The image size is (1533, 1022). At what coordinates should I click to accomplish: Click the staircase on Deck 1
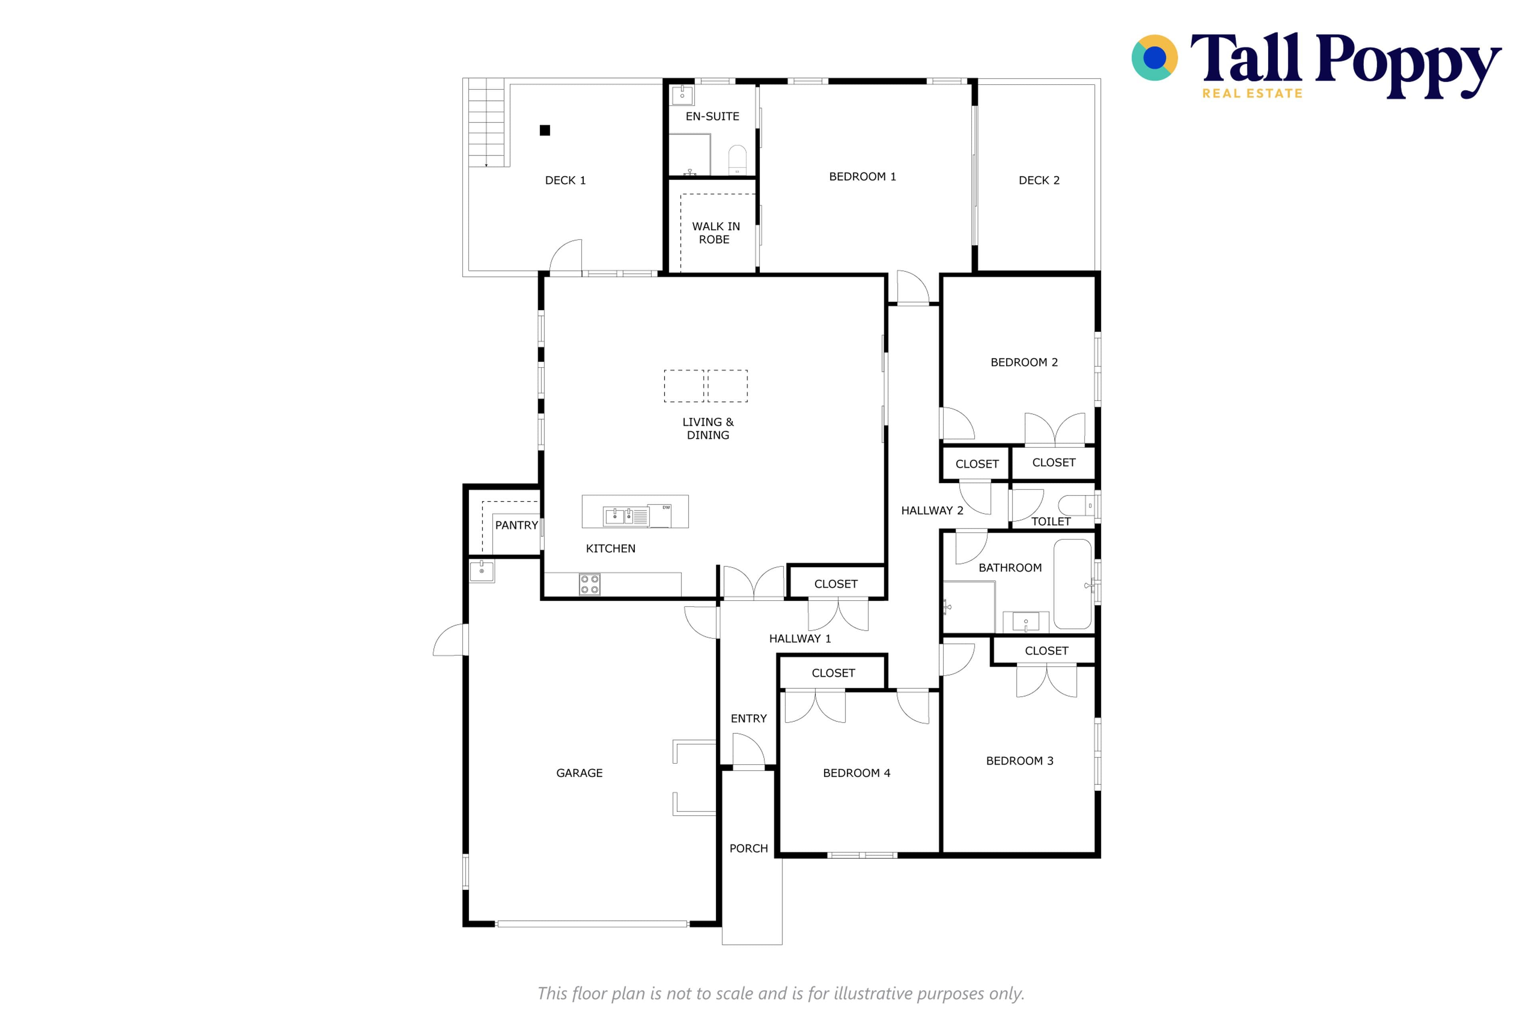coord(486,123)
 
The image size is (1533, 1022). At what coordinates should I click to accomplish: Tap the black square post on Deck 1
coord(545,130)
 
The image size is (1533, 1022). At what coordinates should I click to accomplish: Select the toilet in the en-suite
coord(737,160)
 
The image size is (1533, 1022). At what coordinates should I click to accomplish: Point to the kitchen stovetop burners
coord(590,584)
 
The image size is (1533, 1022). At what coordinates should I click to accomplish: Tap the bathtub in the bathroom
coord(1073,584)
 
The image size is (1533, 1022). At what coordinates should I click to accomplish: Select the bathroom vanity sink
coord(1026,622)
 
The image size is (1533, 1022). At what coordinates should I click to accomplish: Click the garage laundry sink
coord(482,571)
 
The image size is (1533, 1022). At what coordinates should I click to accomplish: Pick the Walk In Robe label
coord(715,233)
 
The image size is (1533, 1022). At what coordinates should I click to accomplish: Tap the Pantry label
coord(517,525)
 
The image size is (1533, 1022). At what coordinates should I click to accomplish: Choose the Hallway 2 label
coord(932,510)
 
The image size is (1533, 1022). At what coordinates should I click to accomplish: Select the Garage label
coord(579,773)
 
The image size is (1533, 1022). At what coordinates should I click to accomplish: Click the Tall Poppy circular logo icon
coord(1154,58)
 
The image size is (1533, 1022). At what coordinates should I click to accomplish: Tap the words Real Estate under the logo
coord(1252,93)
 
